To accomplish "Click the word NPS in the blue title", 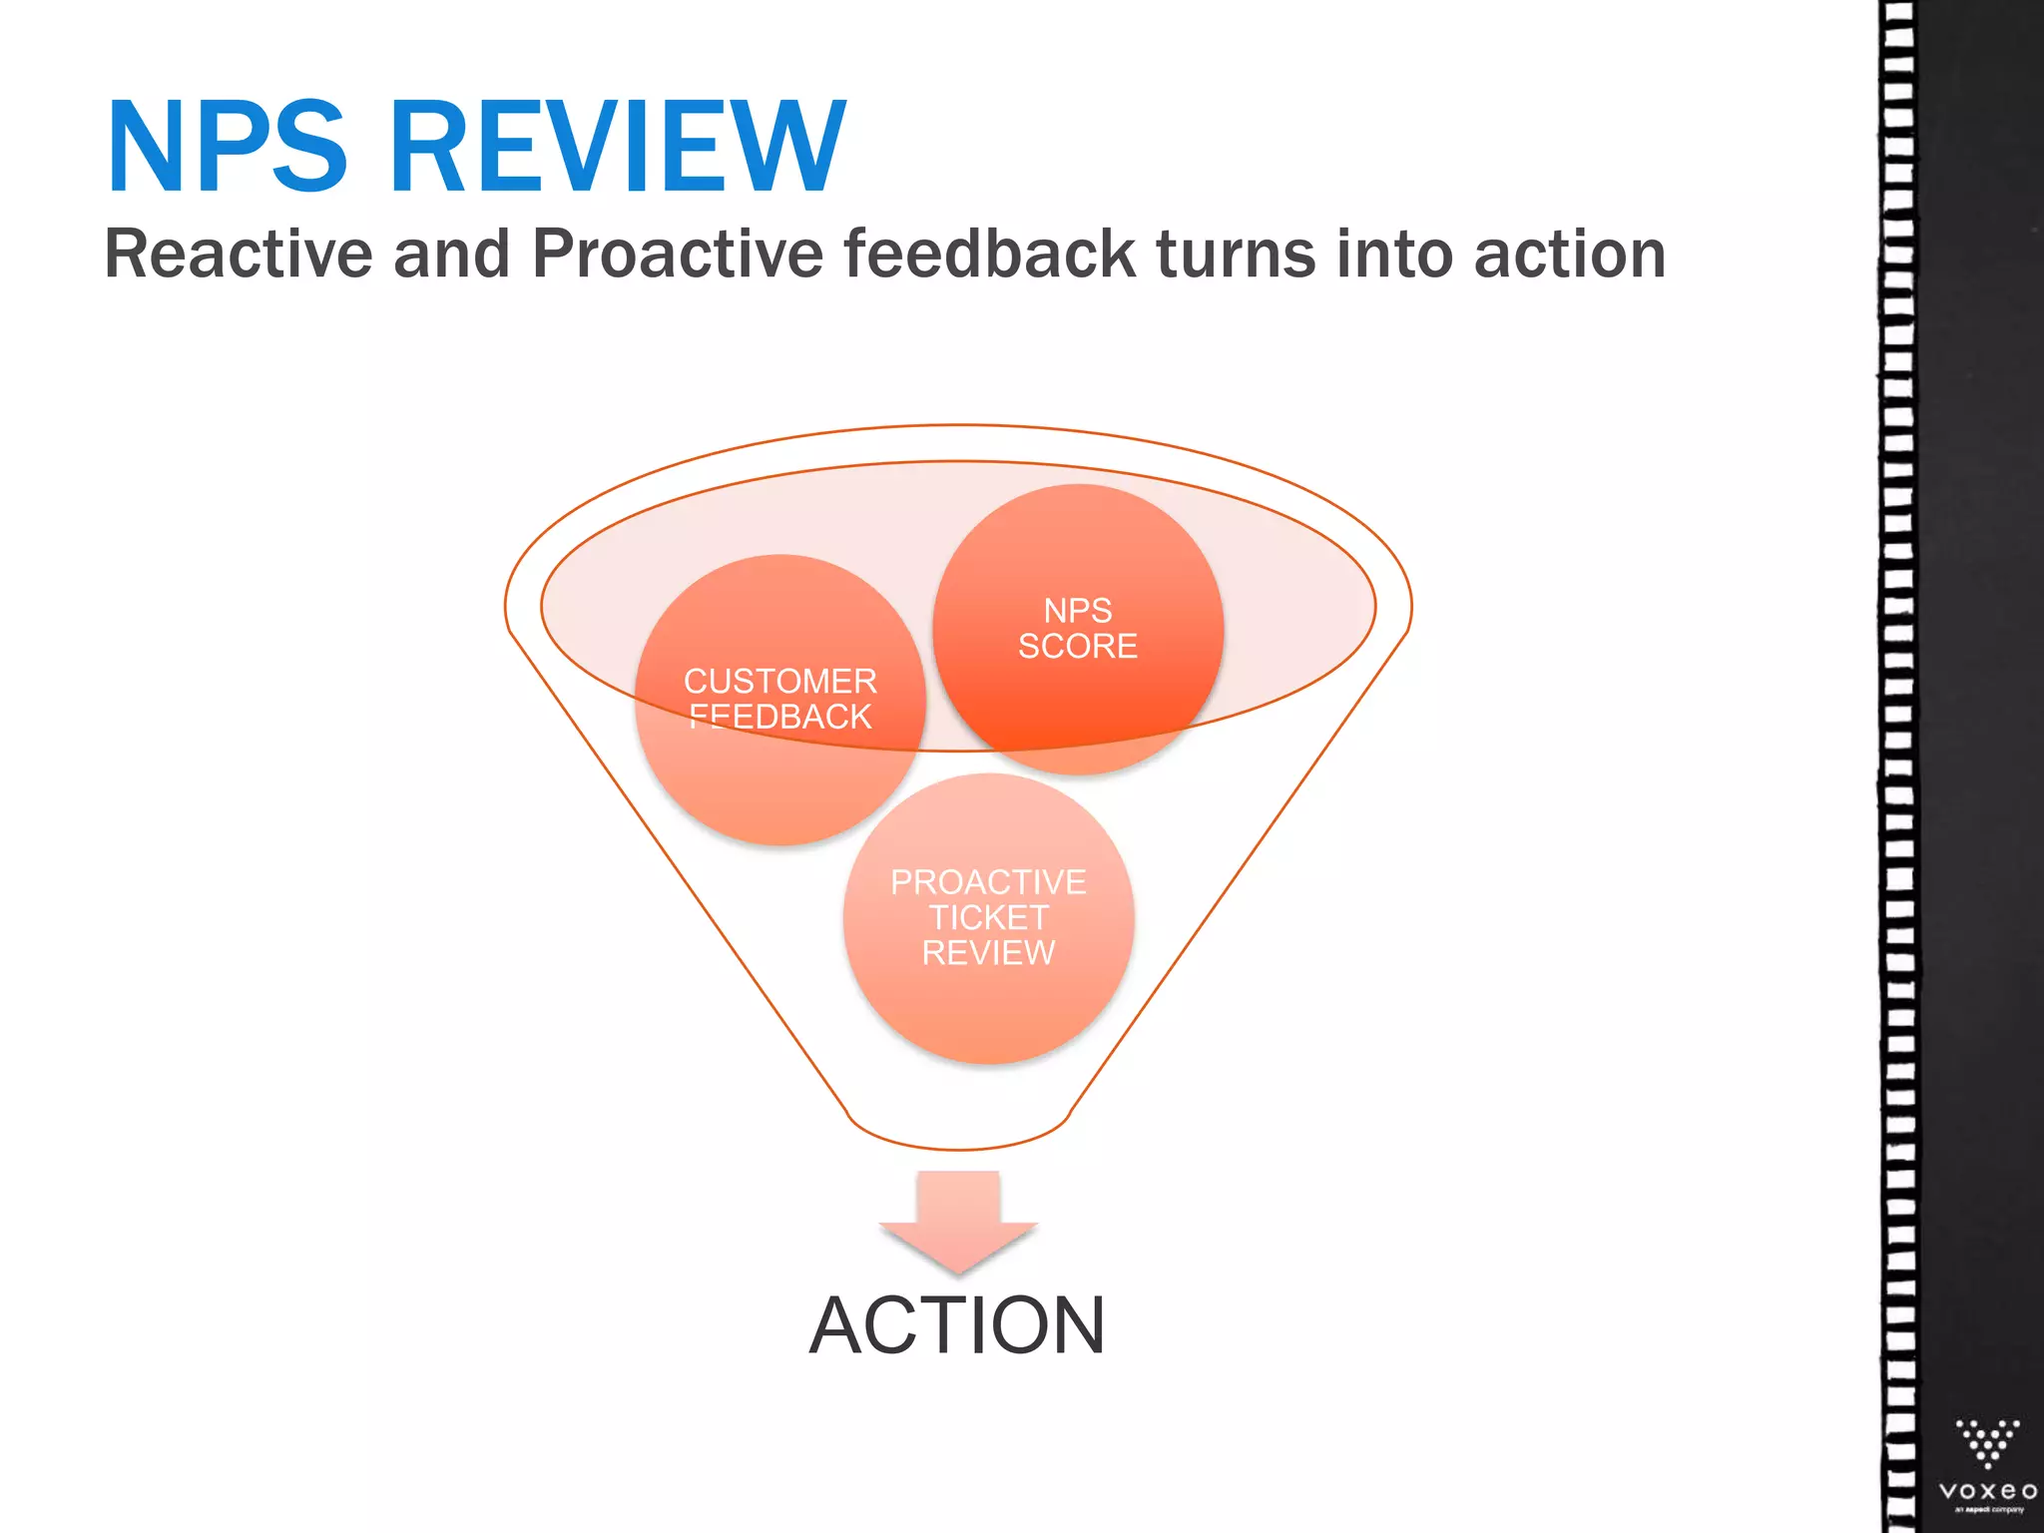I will point(228,148).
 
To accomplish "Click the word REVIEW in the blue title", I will point(618,148).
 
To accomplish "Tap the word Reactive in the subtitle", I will point(239,254).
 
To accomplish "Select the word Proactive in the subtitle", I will point(678,254).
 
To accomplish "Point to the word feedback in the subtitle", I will point(989,254).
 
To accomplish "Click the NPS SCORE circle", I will point(1078,629).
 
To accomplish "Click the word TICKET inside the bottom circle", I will point(988,917).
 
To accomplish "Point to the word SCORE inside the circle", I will point(1078,647).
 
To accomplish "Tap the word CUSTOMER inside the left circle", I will point(780,682).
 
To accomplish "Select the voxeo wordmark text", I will point(1987,1491).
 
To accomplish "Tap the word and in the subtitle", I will point(452,254).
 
